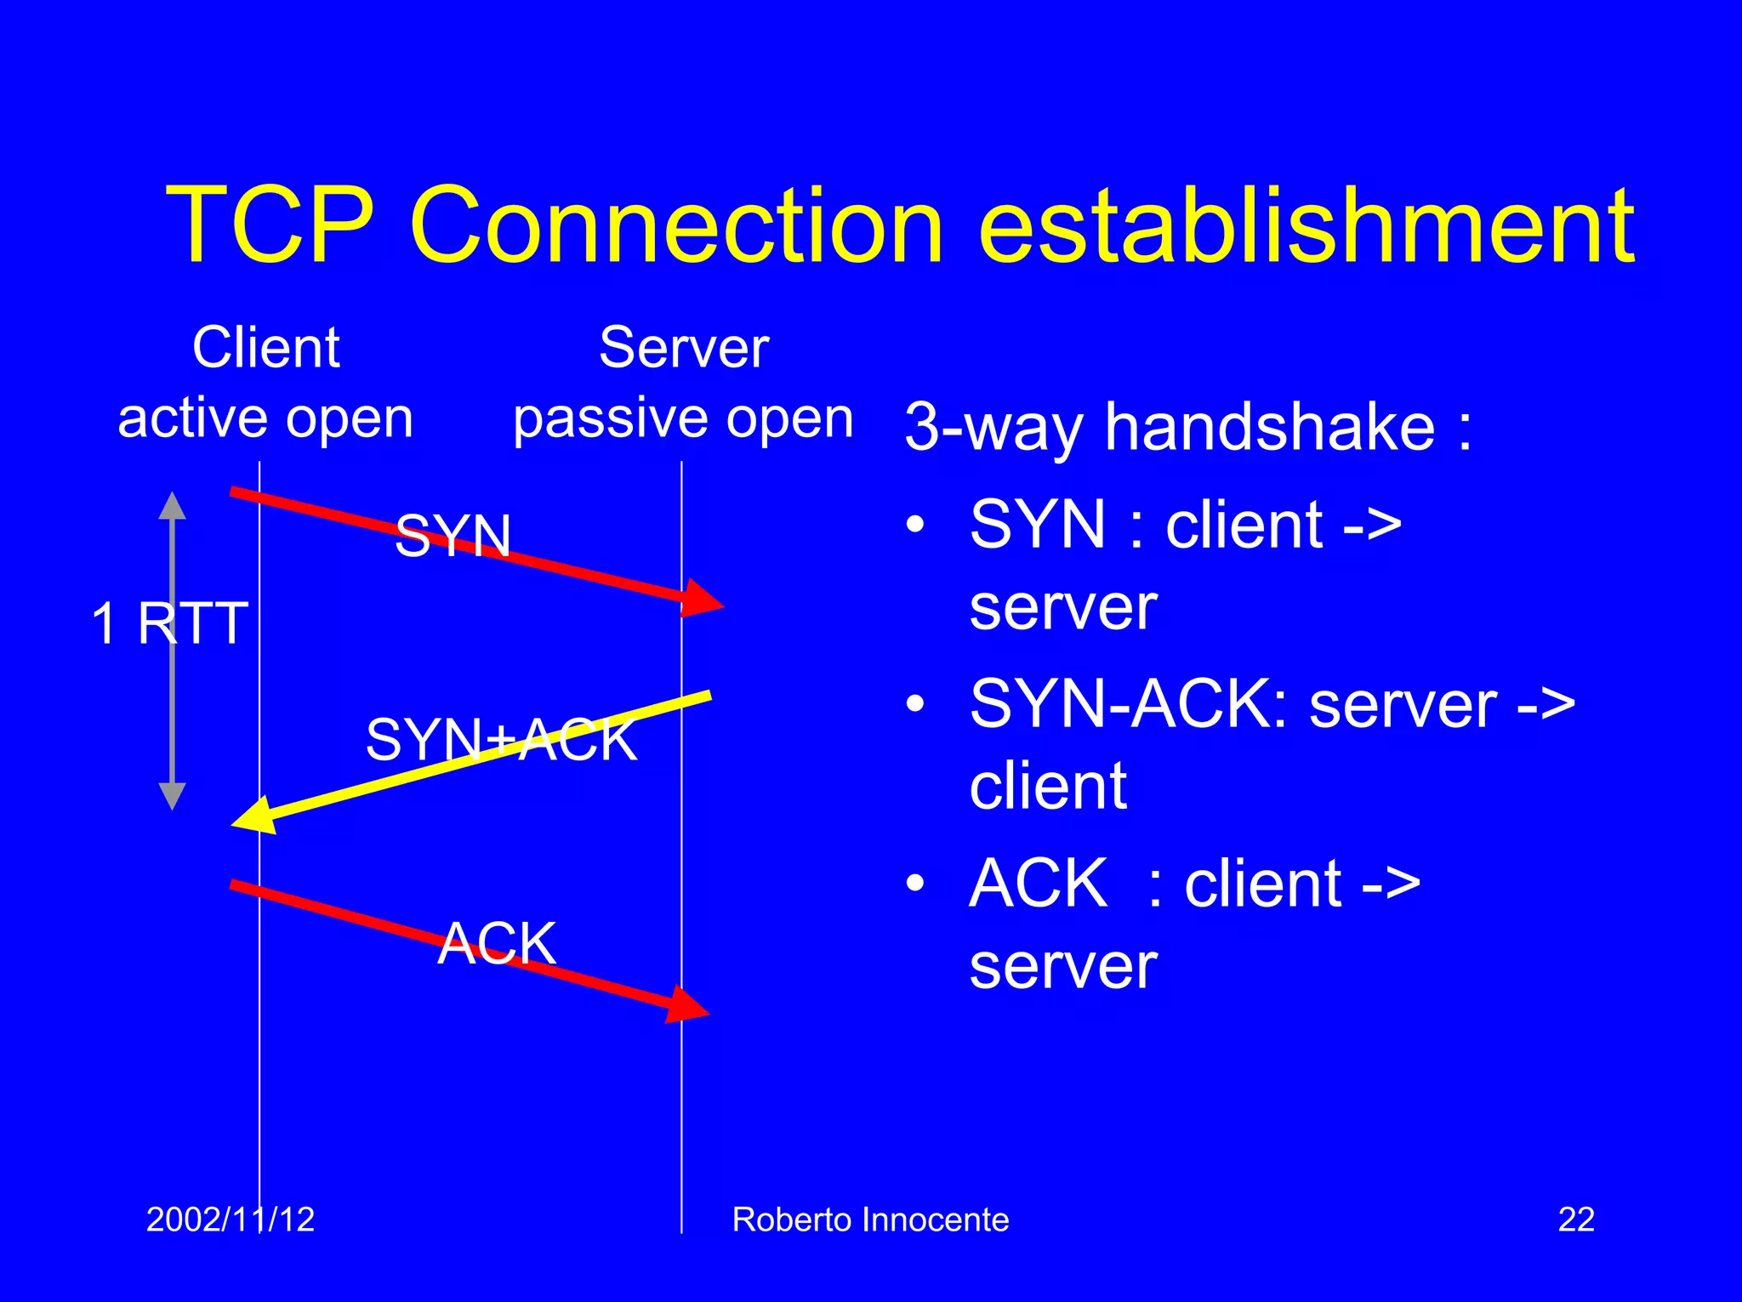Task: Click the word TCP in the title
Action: (x=270, y=226)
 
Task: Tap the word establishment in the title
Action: (x=1306, y=226)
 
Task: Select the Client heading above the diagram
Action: (x=265, y=348)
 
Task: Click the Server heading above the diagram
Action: (x=683, y=348)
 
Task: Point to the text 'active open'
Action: (x=265, y=418)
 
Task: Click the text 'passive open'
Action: (x=683, y=418)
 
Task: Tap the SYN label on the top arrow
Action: (x=453, y=537)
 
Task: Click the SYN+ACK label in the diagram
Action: (x=501, y=740)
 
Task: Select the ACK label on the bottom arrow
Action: (x=497, y=943)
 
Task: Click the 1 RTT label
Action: (x=169, y=623)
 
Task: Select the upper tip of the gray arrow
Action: (x=173, y=502)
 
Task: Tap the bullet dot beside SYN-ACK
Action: (x=914, y=704)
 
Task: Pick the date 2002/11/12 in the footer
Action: (x=230, y=1220)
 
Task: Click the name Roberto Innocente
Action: (x=870, y=1220)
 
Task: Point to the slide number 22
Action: (x=1575, y=1220)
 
